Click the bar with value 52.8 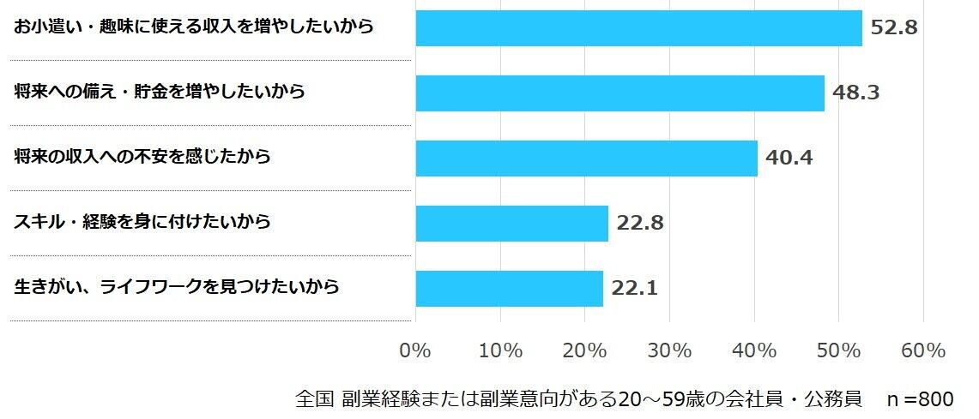(x=638, y=28)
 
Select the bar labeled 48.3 (x=619, y=93)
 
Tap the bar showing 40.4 (x=586, y=159)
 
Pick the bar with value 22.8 (x=511, y=223)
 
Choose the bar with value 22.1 (x=509, y=288)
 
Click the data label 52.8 (x=894, y=27)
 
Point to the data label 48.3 (x=856, y=93)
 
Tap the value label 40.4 (x=789, y=158)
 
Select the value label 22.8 (x=640, y=223)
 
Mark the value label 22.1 (x=635, y=288)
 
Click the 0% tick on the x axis (x=415, y=351)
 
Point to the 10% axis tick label (x=500, y=351)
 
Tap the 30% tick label (x=669, y=351)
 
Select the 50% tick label (x=838, y=351)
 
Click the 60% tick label (x=923, y=351)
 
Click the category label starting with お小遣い (x=194, y=27)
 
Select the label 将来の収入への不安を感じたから (x=142, y=157)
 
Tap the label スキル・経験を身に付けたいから (x=142, y=222)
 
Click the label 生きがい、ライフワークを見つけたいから (x=177, y=287)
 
